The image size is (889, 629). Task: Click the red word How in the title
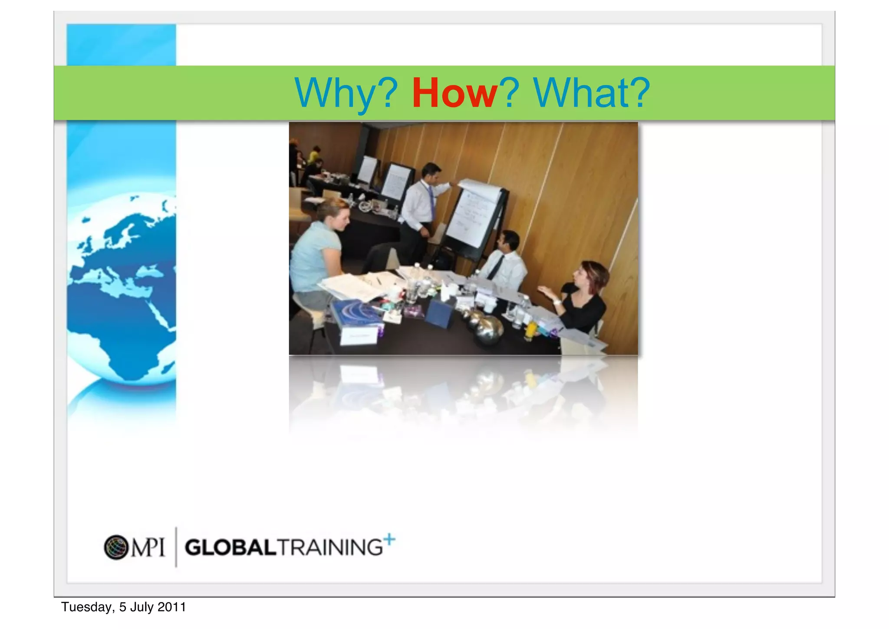[x=454, y=93]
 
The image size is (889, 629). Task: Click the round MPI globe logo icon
[x=116, y=547]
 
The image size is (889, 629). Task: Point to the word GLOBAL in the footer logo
[x=230, y=547]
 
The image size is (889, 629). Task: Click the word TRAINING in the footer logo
[x=330, y=547]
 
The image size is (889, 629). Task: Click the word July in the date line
[x=142, y=607]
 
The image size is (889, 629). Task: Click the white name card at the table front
[x=359, y=335]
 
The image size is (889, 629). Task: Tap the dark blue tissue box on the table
[x=439, y=313]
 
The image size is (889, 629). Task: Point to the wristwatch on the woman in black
[x=556, y=301]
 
